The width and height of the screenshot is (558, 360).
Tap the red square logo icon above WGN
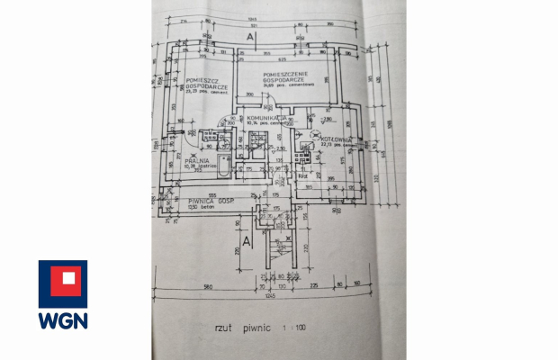62,281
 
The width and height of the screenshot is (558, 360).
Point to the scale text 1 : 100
293,328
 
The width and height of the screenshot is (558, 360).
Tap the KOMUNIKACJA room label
266,117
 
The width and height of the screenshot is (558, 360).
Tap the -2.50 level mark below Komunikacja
280,148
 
